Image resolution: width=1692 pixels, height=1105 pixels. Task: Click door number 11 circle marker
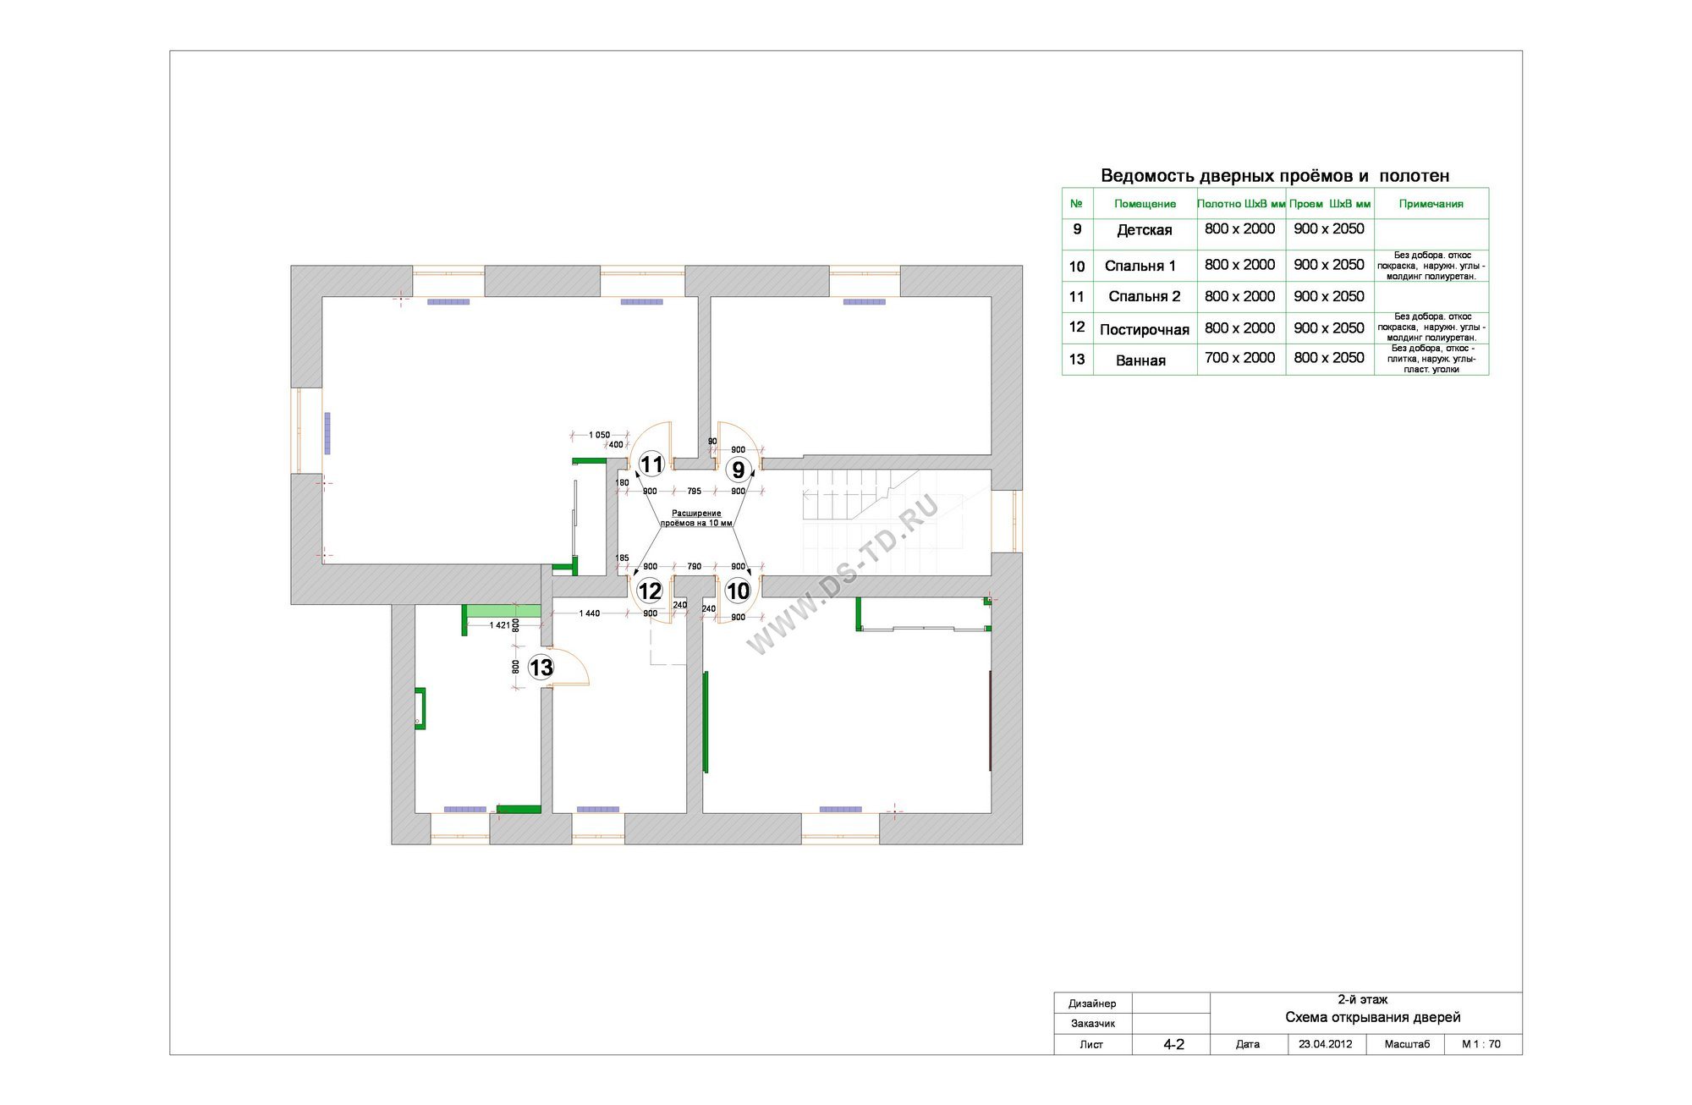click(651, 465)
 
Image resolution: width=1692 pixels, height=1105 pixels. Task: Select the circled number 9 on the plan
click(739, 469)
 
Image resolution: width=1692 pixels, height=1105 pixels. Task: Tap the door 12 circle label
click(650, 591)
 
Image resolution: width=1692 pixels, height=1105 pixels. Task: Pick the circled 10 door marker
click(739, 591)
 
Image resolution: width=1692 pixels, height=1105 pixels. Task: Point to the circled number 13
click(541, 668)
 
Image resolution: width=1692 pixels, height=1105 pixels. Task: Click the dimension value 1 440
click(590, 613)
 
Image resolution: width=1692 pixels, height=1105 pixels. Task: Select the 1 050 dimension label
click(600, 435)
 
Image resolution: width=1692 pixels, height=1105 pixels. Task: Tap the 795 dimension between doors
click(695, 491)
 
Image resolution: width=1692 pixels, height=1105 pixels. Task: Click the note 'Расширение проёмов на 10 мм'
click(696, 518)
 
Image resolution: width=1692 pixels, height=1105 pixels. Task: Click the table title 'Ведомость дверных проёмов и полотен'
click(1275, 176)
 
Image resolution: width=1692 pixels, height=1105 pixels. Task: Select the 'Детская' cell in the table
click(1145, 230)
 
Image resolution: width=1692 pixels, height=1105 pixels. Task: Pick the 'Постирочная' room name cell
click(1145, 330)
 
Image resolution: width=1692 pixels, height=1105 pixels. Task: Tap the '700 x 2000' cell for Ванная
click(1240, 358)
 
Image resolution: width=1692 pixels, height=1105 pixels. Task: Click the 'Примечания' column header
click(1431, 204)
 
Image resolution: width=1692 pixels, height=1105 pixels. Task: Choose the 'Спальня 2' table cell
click(1145, 297)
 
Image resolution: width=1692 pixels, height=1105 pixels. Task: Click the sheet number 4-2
click(1174, 1045)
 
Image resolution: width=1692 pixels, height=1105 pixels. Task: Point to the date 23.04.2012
click(1326, 1044)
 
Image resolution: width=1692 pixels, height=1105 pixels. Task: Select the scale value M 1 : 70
click(1481, 1044)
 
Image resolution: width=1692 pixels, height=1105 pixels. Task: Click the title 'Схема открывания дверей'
click(1373, 1018)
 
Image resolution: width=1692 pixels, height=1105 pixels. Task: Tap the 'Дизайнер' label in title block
click(1092, 1003)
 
